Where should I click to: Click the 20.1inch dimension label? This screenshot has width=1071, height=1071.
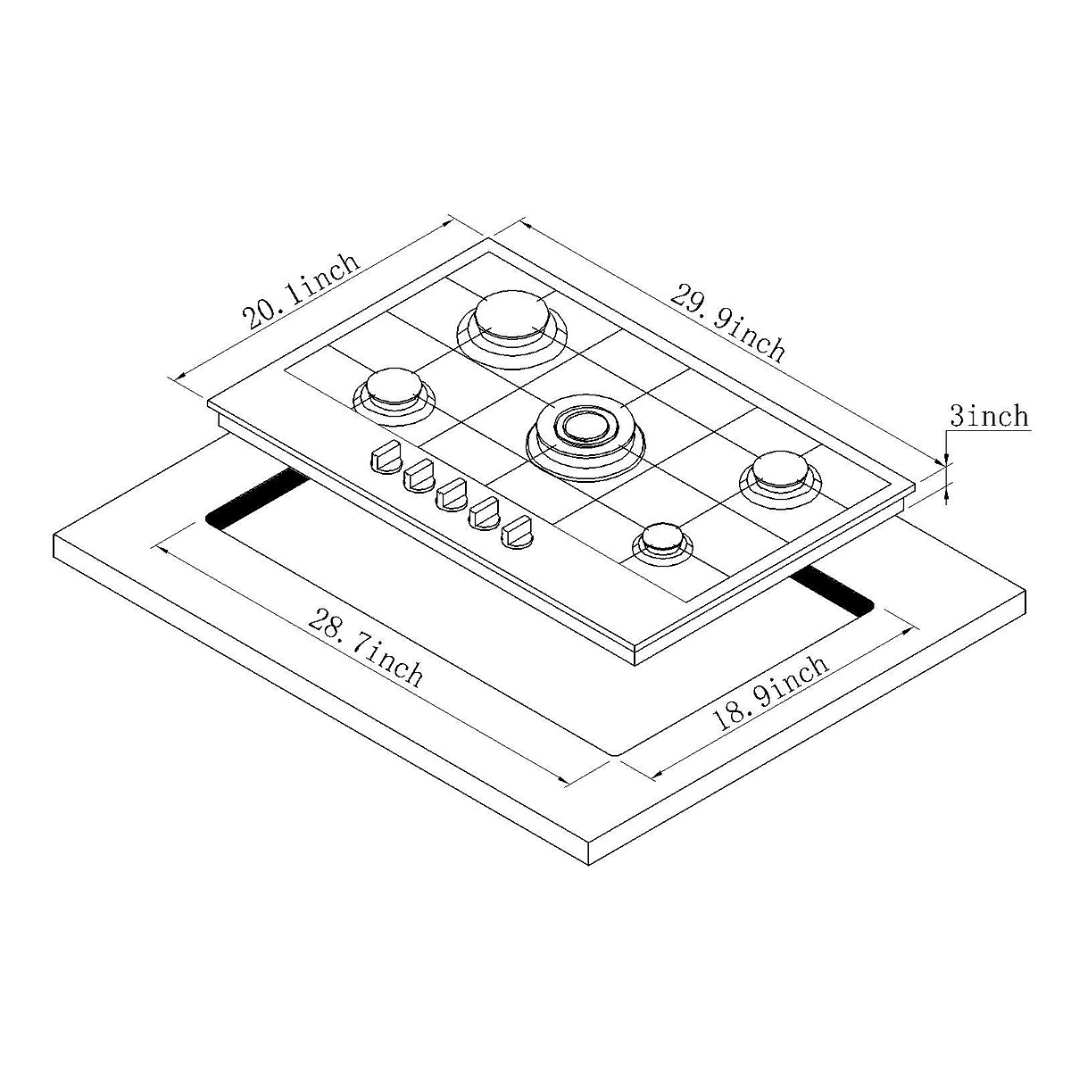302,292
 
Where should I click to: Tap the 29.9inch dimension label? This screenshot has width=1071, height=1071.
727,321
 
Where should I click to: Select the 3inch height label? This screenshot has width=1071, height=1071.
988,416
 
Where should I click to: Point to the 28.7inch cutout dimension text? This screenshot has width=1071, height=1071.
365,646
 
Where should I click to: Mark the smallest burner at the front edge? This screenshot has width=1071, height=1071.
661,538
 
